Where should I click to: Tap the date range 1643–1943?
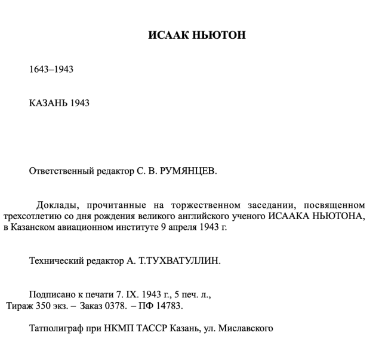(51, 69)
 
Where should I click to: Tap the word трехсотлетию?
(29, 216)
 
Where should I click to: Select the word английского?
(207, 216)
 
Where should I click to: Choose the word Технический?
(54, 261)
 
